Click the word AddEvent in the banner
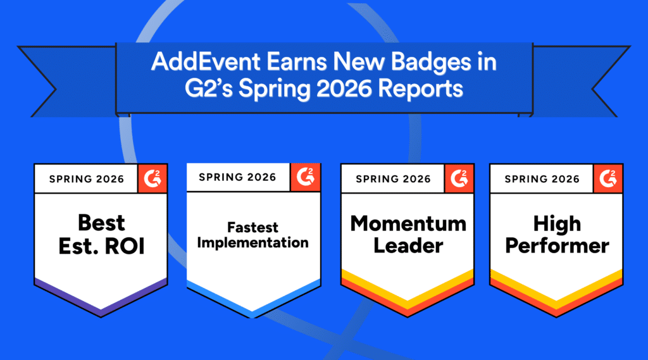pyautogui.click(x=206, y=62)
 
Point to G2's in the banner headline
pyautogui.click(x=209, y=89)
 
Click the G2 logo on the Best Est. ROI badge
pyautogui.click(x=153, y=178)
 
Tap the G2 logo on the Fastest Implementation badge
pyautogui.click(x=306, y=177)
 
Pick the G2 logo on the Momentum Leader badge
pyautogui.click(x=459, y=178)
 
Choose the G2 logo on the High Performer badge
pyautogui.click(x=608, y=178)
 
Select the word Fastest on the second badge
pyautogui.click(x=252, y=227)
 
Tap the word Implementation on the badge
pyautogui.click(x=252, y=242)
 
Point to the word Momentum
pyautogui.click(x=408, y=223)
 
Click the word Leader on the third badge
pyautogui.click(x=408, y=246)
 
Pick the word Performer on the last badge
pyautogui.click(x=557, y=246)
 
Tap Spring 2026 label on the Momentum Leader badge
pyautogui.click(x=393, y=179)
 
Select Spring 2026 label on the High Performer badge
pyautogui.click(x=542, y=179)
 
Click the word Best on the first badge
pyautogui.click(x=101, y=223)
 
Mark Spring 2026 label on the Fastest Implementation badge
pyautogui.click(x=237, y=177)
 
